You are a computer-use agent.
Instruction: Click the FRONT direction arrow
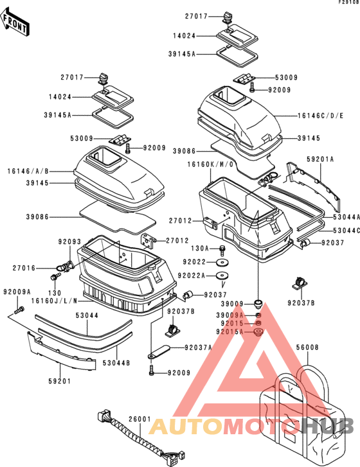click(16, 24)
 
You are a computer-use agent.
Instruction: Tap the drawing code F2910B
click(346, 3)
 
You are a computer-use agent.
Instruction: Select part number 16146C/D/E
click(319, 118)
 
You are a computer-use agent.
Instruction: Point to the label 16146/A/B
click(28, 172)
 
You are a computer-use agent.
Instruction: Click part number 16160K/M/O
click(209, 165)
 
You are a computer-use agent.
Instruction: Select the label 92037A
click(199, 348)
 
